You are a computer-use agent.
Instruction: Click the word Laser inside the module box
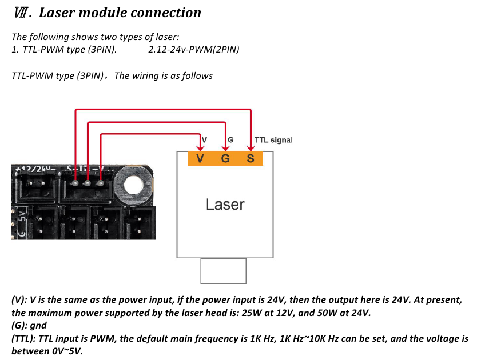coord(225,205)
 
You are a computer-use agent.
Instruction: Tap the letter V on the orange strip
coord(199,158)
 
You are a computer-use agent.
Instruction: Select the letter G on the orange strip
coord(225,158)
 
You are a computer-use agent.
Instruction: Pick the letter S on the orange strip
coord(250,158)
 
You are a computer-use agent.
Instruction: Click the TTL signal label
coord(273,140)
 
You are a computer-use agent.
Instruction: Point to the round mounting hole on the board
coord(130,184)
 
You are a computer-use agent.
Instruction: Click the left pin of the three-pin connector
coord(75,183)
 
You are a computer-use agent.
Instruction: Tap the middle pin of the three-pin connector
coord(88,183)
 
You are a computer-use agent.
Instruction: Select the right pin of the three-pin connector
coord(101,183)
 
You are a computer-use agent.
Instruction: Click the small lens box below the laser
coord(223,271)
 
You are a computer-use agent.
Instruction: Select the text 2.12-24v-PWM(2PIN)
coord(193,49)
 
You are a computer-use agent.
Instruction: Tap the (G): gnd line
coord(29,325)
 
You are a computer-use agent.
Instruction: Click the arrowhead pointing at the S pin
coord(251,148)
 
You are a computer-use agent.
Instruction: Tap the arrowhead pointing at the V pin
coord(199,148)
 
